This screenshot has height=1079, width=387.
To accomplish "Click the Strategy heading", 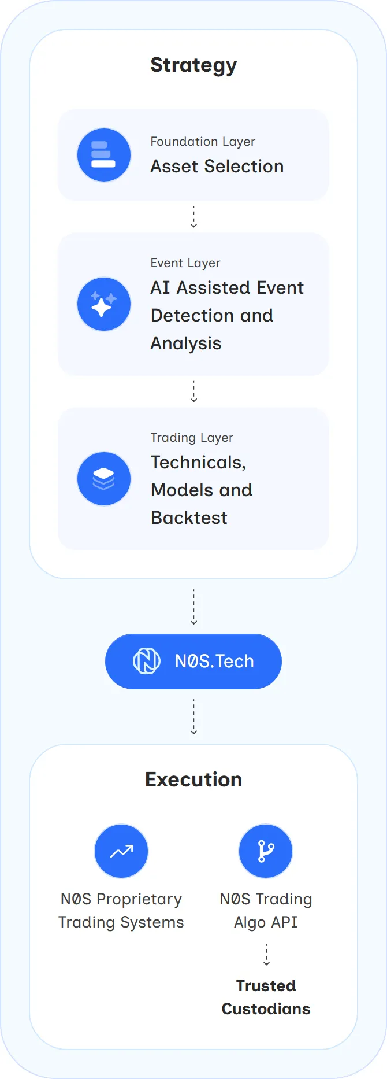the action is (x=193, y=65).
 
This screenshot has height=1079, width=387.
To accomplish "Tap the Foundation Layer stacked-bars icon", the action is (x=104, y=155).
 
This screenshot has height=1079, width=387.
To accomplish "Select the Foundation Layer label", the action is (x=203, y=142).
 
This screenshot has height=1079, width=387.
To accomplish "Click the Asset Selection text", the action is (x=217, y=167).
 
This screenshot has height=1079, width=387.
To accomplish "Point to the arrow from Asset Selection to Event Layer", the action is (x=193, y=217).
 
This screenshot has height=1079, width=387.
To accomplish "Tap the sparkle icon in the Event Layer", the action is (x=104, y=304).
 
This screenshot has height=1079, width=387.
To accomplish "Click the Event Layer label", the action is (x=185, y=263).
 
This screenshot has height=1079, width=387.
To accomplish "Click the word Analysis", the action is (x=186, y=343).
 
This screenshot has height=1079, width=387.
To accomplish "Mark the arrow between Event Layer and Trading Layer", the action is (x=193, y=391).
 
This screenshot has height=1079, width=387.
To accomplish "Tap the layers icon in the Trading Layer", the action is (x=104, y=479).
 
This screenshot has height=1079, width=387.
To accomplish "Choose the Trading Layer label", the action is (x=192, y=438).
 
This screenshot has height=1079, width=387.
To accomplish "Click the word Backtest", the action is (x=189, y=518).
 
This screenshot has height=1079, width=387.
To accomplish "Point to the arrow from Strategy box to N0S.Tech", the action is (x=193, y=607).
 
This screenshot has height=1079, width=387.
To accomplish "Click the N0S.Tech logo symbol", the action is (x=147, y=661).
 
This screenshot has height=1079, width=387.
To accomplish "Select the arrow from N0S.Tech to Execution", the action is (x=193, y=717).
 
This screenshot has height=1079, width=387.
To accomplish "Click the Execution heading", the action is (x=193, y=779).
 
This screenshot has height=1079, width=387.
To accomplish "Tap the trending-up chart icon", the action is (x=121, y=851).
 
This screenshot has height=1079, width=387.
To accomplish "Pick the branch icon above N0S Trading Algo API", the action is (x=266, y=851).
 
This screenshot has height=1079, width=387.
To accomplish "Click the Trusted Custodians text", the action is (x=266, y=997).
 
